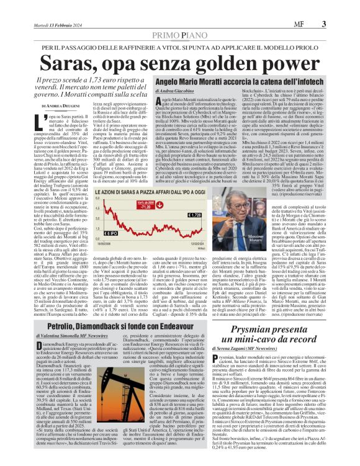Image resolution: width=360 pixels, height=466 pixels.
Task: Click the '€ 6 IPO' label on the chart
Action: (92, 233)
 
